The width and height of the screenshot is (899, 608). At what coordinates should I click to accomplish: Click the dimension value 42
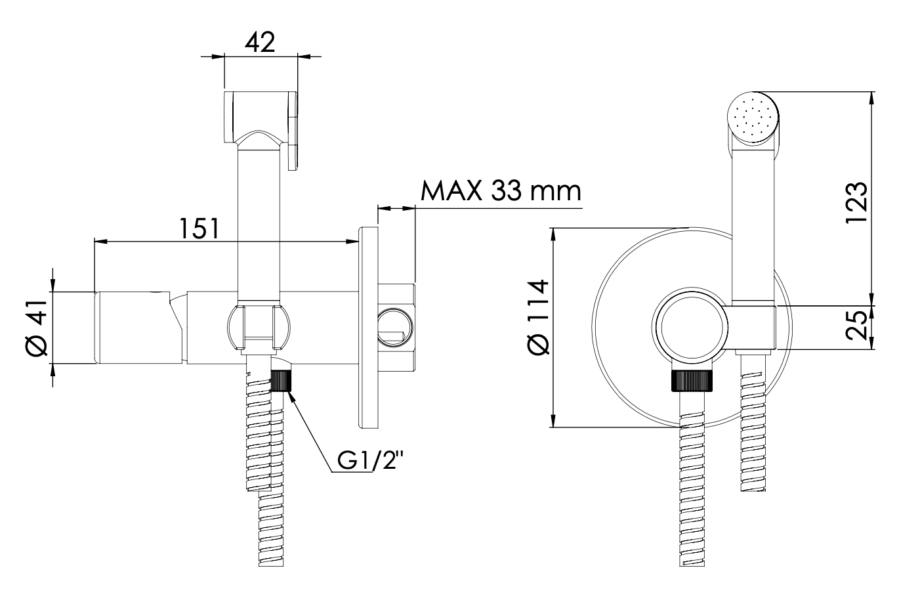[260, 42]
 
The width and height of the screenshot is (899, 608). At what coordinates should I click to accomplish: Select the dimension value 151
[199, 228]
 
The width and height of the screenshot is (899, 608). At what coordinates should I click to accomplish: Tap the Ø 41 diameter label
[36, 328]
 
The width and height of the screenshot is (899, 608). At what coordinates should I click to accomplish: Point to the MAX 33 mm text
[501, 191]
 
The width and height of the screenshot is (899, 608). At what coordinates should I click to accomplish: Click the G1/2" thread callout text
[370, 461]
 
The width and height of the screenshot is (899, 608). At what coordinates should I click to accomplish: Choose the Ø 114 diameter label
[537, 318]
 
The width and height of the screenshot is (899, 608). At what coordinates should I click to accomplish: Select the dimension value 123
[857, 203]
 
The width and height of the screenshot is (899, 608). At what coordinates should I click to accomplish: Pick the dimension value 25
[857, 325]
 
